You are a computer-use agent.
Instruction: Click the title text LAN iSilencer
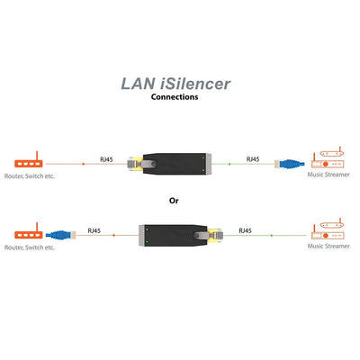click(x=175, y=84)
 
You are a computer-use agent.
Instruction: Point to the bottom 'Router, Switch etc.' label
click(x=31, y=247)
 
